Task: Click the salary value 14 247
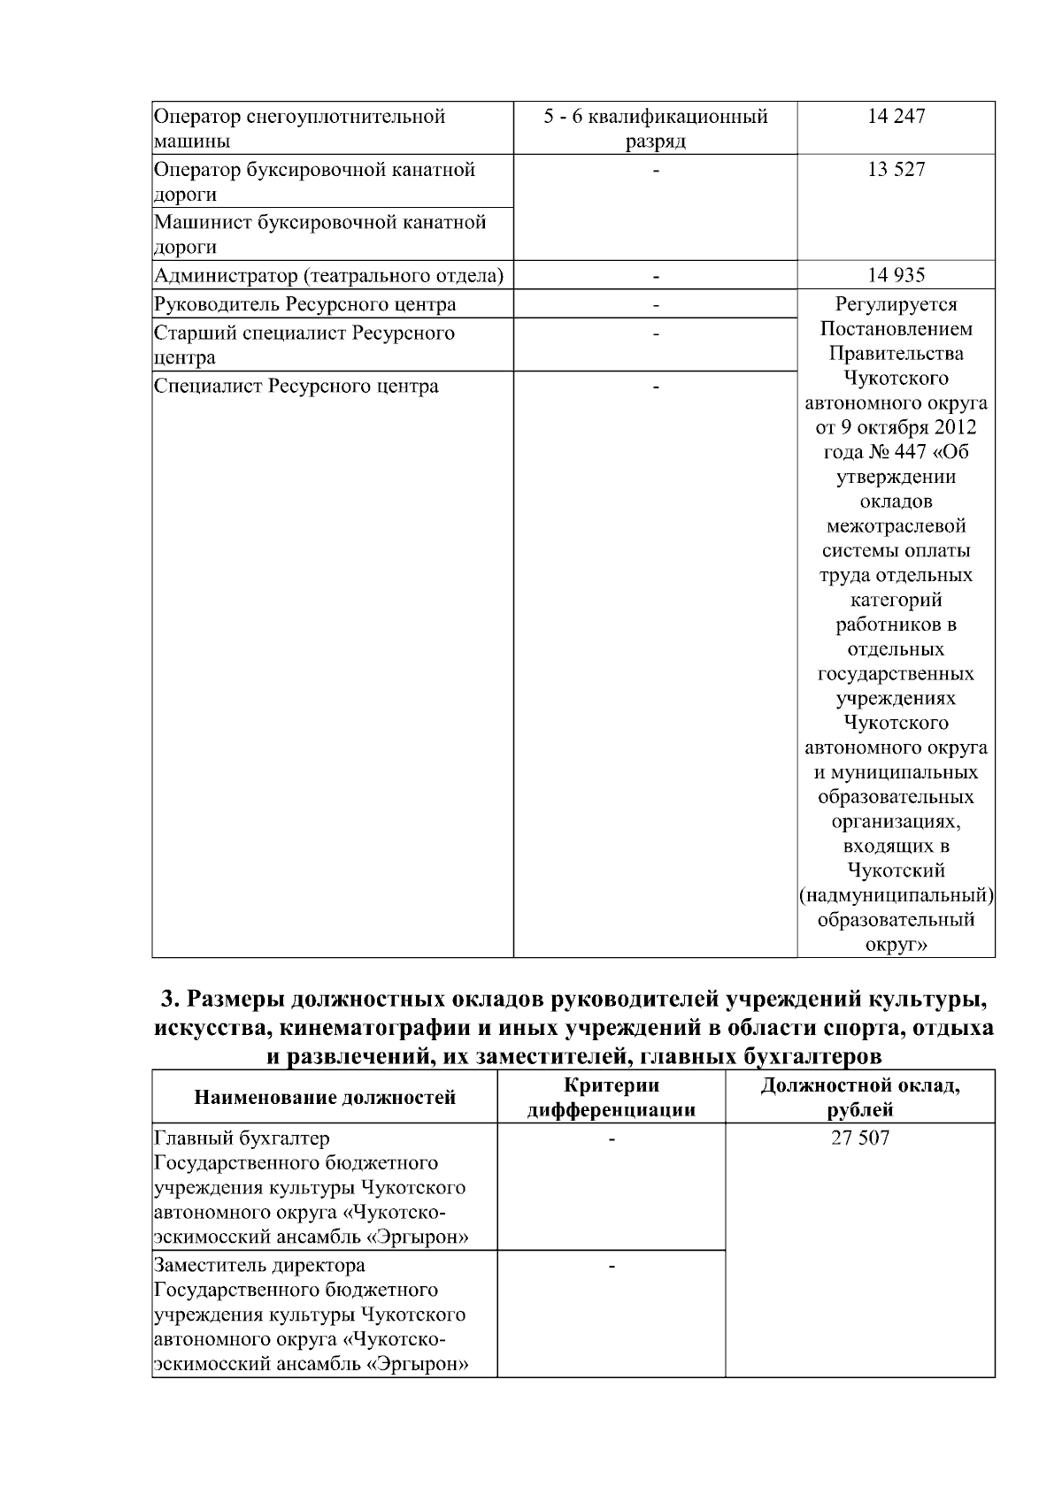(x=896, y=116)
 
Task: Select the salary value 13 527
(x=896, y=169)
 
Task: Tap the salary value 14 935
(x=896, y=275)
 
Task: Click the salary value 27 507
(x=859, y=1138)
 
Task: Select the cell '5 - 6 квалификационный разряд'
(x=655, y=128)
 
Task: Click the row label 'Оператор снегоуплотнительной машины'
(x=299, y=128)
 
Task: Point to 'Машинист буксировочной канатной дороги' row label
(x=319, y=234)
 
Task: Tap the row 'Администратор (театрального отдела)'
(x=328, y=276)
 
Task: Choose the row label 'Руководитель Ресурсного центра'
(x=304, y=304)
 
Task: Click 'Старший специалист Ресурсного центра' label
(x=304, y=345)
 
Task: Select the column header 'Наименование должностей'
(x=325, y=1098)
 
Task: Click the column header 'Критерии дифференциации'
(x=611, y=1098)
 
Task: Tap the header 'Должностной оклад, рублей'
(x=859, y=1098)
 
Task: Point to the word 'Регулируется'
(x=896, y=304)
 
